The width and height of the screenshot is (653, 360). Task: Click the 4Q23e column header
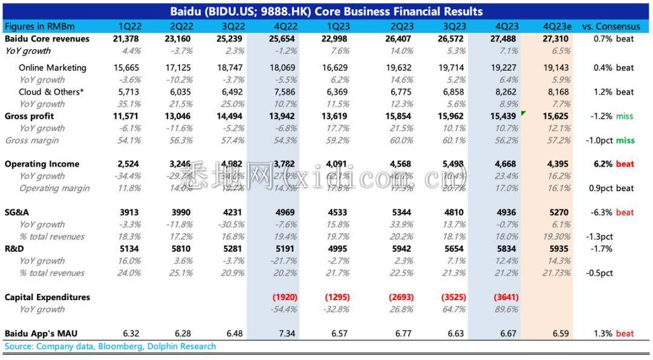[x=557, y=27]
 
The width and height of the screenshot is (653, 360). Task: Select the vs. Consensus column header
[x=611, y=27]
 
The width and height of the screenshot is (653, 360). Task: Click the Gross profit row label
[x=29, y=116]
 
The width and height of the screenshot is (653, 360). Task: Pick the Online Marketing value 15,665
[x=127, y=68]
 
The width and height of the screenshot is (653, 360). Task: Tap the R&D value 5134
[x=129, y=249]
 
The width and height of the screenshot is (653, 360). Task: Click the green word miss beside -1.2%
[x=625, y=116]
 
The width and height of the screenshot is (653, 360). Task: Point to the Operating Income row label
[x=42, y=164]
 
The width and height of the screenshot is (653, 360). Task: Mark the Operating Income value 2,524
[x=129, y=164]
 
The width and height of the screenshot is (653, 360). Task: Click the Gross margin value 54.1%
[x=129, y=140]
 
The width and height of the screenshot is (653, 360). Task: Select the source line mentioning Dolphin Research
[x=110, y=347]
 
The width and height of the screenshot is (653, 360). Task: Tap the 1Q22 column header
[x=129, y=27]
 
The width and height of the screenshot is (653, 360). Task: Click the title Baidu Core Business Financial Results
[x=326, y=11]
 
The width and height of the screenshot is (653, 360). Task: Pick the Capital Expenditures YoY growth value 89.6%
[x=505, y=309]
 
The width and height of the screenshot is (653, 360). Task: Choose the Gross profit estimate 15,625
[x=557, y=116]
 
